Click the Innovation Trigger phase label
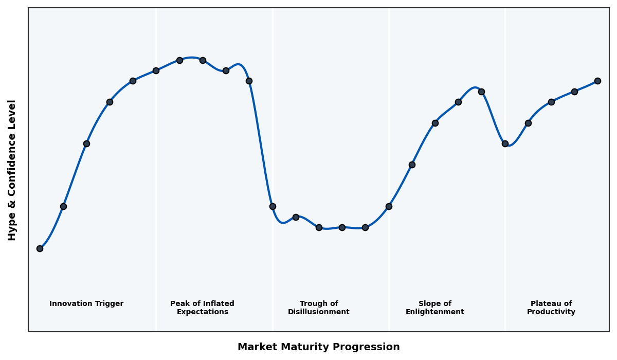86,304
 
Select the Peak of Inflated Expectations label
202,308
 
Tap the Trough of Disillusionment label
319,308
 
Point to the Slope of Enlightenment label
435,308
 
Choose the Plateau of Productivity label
551,308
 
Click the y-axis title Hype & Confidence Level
12,170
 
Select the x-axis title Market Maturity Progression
319,347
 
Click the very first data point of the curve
40,248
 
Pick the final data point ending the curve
597,81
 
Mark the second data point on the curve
63,206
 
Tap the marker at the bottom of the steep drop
273,206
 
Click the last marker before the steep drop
249,81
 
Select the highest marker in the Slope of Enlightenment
481,92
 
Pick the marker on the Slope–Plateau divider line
505,143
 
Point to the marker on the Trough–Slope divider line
389,206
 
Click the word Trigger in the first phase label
109,304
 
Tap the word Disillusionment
319,312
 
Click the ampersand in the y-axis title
12,195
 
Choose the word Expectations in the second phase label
202,312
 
